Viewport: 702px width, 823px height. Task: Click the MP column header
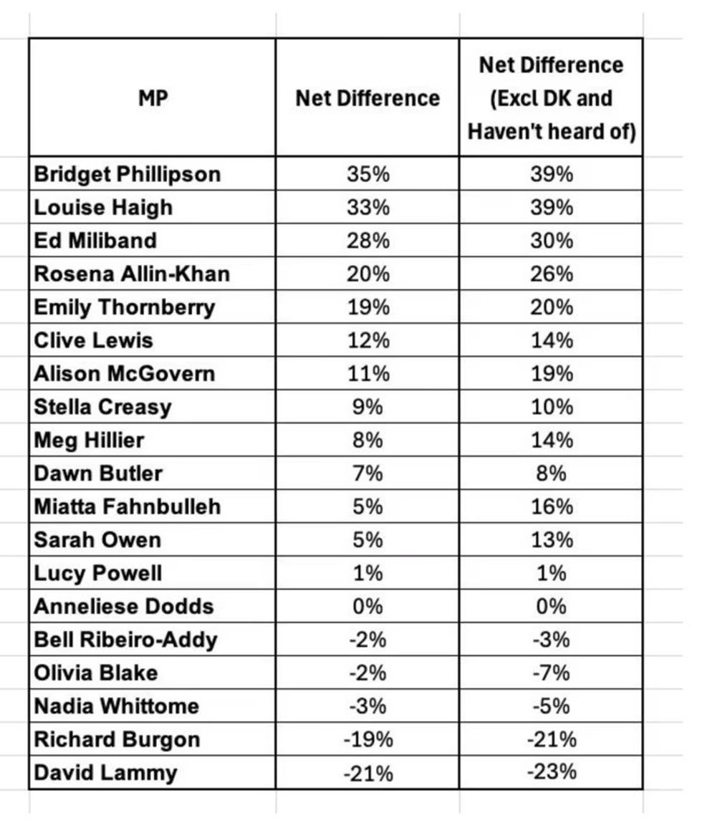(153, 97)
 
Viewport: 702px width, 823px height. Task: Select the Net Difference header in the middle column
(367, 97)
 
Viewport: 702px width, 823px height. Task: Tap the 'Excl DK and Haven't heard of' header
(551, 97)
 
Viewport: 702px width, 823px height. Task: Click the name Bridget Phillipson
(128, 174)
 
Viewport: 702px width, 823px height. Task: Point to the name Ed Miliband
(95, 240)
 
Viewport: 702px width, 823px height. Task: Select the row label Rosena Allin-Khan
(132, 274)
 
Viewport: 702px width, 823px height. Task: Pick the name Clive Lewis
(94, 340)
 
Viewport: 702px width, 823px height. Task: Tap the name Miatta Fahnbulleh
(128, 506)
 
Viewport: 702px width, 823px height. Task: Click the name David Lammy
(105, 773)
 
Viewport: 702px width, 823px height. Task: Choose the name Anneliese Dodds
(124, 606)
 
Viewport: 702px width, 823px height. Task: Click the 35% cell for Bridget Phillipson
(367, 174)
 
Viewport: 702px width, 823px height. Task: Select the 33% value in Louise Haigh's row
(367, 207)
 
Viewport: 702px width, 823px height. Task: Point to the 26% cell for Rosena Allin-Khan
(552, 274)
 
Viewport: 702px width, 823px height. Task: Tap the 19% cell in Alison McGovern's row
(552, 373)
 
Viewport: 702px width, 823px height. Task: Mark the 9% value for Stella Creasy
(367, 407)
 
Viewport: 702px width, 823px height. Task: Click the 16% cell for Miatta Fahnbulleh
(552, 506)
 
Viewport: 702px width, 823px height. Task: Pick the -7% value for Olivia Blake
(552, 673)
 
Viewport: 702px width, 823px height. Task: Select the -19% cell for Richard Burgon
(367, 739)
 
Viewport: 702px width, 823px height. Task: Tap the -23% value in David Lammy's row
(552, 773)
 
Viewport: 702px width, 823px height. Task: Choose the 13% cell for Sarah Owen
(552, 539)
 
